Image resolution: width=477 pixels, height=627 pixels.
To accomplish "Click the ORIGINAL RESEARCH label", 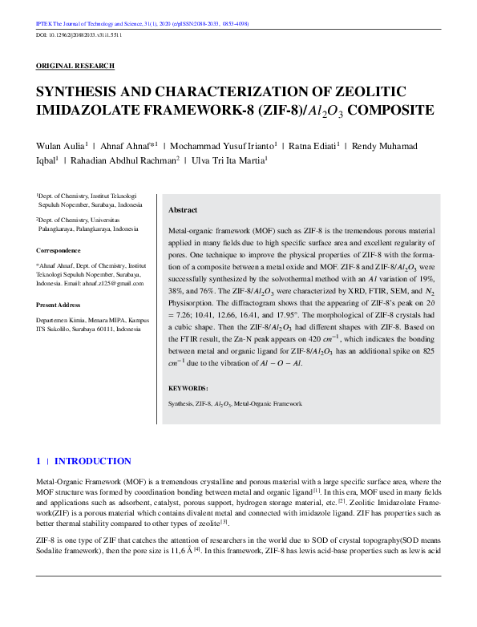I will (x=75, y=66).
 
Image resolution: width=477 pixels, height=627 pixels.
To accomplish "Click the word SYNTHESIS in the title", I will (x=79, y=91).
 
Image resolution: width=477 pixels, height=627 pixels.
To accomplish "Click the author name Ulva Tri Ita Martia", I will (x=228, y=160).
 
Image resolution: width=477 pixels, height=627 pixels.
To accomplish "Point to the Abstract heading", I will (x=182, y=210).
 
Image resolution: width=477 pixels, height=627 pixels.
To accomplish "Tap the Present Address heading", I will (x=59, y=305).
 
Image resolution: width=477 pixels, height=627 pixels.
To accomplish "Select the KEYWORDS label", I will (x=189, y=388).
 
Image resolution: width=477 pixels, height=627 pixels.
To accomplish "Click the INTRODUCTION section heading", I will (x=92, y=461).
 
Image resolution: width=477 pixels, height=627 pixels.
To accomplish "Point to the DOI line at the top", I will (x=79, y=36).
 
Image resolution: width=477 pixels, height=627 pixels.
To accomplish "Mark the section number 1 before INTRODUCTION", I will (x=38, y=461).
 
